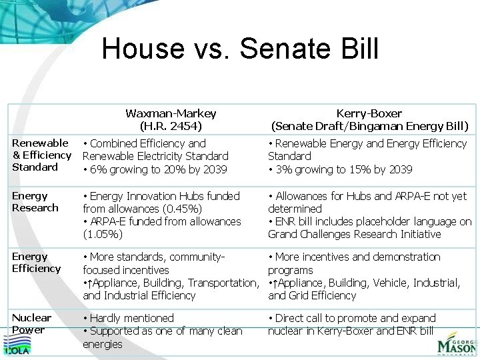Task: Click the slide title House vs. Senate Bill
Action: (x=240, y=49)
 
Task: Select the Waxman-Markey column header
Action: (x=171, y=113)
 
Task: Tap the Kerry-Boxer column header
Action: (x=369, y=113)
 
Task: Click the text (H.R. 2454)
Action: (x=171, y=126)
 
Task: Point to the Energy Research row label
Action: (x=31, y=201)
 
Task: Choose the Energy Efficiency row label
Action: (x=37, y=262)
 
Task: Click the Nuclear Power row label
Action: (x=32, y=323)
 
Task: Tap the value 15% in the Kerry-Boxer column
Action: (x=359, y=169)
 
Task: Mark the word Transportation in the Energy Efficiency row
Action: (x=223, y=283)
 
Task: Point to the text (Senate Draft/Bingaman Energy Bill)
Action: (x=369, y=126)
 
